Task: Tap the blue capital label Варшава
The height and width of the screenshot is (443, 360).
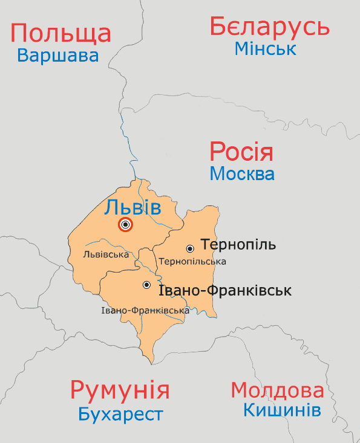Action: tap(57, 56)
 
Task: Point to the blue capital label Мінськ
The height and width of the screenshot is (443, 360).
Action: tap(266, 48)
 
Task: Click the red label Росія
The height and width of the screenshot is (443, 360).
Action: tap(241, 152)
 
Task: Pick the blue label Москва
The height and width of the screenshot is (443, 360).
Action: tap(242, 174)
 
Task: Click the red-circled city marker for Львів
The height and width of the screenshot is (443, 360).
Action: tap(125, 225)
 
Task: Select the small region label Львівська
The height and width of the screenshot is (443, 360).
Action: tap(106, 254)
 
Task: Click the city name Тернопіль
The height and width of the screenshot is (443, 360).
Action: tap(238, 245)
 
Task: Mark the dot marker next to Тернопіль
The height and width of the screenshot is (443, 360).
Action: tap(190, 248)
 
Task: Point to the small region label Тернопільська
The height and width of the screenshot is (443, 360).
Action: tap(192, 262)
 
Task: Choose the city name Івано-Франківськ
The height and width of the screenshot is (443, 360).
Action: tap(224, 291)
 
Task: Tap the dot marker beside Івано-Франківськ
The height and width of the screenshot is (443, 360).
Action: tap(146, 285)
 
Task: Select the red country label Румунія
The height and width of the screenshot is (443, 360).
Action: tap(119, 390)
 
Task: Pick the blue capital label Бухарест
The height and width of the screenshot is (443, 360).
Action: tap(120, 415)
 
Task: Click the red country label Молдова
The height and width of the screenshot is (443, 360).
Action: tap(278, 390)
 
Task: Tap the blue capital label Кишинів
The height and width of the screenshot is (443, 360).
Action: tap(282, 410)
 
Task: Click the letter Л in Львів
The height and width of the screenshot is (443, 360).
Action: tap(111, 208)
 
